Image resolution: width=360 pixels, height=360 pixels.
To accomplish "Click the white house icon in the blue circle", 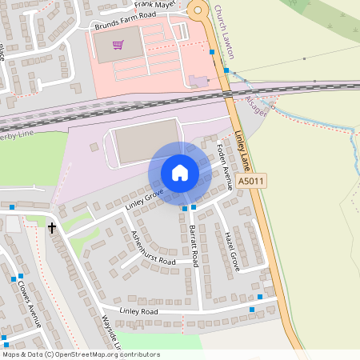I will click(x=180, y=173).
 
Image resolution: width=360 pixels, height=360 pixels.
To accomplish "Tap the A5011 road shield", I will click(x=251, y=182).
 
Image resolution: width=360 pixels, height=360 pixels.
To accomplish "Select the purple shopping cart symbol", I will click(x=118, y=46).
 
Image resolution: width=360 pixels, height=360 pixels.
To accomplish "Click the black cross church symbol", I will click(x=52, y=228).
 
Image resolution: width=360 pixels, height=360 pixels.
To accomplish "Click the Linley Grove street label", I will click(x=144, y=200).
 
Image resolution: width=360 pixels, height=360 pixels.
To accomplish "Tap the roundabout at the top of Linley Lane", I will click(x=198, y=10).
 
